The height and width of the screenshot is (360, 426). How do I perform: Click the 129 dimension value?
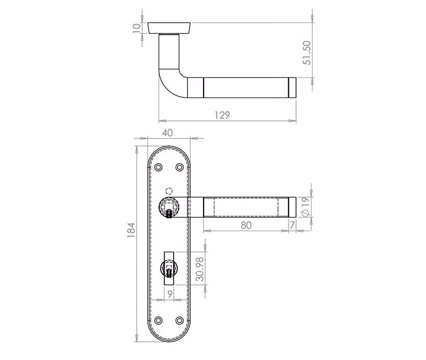222,115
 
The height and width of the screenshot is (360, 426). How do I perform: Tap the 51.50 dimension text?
307,53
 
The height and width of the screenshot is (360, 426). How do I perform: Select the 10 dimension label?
137,28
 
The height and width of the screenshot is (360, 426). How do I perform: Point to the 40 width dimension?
167,133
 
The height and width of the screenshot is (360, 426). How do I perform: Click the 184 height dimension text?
131,230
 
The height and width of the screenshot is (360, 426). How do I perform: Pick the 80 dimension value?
246,225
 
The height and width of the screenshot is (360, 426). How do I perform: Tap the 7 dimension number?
292,225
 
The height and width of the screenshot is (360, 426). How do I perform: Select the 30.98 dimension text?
200,269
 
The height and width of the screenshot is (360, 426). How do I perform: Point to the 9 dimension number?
170,294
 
